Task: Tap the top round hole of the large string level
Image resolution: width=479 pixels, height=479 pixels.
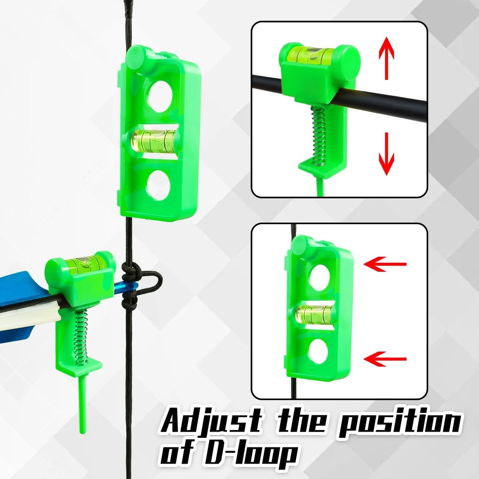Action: point(160,95)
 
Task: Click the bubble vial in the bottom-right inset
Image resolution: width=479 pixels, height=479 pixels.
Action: point(315,312)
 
